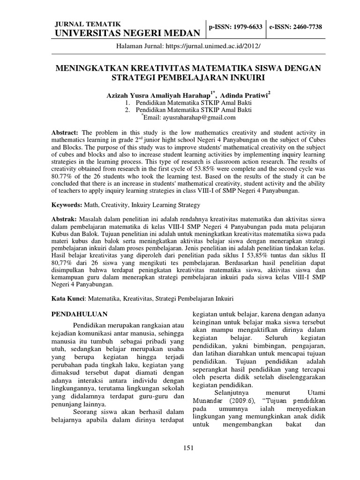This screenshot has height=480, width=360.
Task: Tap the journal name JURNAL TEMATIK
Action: (88, 24)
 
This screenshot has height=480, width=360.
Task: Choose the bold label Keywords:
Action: (66, 205)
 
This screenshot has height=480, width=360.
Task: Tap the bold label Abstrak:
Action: (63, 219)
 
